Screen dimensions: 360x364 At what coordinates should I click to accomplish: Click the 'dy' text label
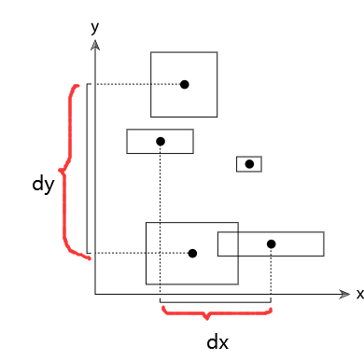[42, 185]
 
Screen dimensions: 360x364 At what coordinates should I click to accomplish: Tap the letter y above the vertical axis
[94, 27]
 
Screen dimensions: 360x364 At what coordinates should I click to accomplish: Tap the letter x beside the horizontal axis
[358, 295]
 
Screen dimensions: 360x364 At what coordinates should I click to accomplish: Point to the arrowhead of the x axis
[344, 295]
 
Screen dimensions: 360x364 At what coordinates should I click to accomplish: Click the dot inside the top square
[185, 85]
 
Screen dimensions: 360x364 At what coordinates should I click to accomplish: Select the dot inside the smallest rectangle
[249, 164]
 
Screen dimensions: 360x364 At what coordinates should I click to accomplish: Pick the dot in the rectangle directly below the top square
[161, 141]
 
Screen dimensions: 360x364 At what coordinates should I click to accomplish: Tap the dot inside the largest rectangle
[192, 253]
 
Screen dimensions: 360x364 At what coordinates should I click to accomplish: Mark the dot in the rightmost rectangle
[271, 244]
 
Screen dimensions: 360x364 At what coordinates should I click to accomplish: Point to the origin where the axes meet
[94, 295]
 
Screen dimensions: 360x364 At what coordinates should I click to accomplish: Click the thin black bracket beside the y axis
[87, 168]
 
